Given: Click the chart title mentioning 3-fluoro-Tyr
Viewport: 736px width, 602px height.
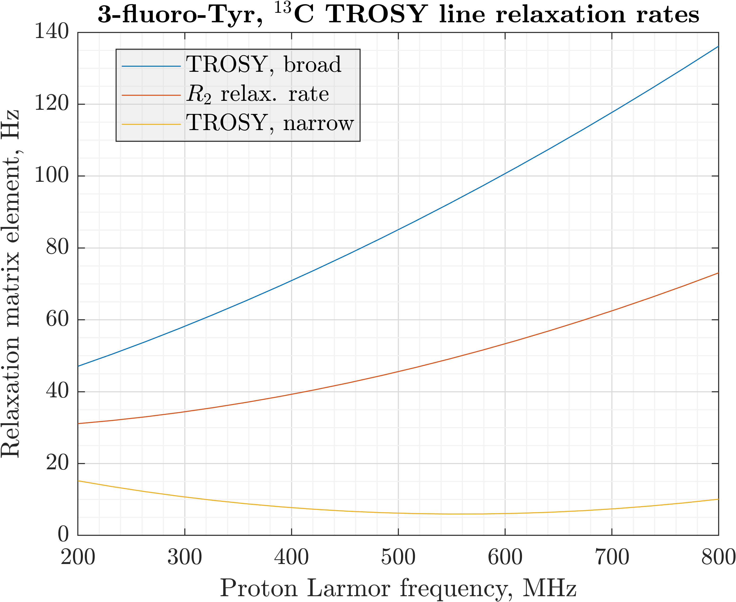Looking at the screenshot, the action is click(x=398, y=15).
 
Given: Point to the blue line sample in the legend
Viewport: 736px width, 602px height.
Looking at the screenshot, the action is click(x=151, y=66).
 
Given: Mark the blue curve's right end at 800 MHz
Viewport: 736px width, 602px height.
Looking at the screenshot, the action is click(x=718, y=46).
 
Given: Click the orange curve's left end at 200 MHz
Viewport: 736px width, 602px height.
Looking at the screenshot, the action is click(x=78, y=424).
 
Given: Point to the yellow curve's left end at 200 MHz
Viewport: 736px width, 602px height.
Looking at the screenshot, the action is click(x=78, y=481).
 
